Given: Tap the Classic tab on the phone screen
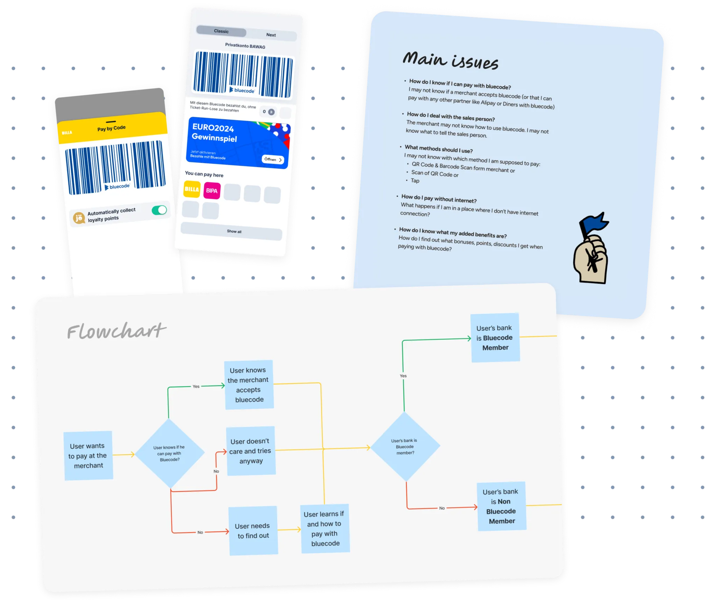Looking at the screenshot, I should point(221,31).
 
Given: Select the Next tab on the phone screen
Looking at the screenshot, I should point(271,35).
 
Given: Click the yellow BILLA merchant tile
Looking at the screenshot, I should point(192,189).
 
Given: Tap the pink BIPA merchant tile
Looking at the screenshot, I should point(212,191).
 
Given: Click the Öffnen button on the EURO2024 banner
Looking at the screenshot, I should point(273,160).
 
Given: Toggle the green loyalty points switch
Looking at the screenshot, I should point(159,210).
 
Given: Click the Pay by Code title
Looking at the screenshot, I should point(112,128).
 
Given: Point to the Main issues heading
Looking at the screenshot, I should point(450,61).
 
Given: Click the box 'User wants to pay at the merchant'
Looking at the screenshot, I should point(88,456).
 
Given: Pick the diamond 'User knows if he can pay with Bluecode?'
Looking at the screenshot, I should point(170,453).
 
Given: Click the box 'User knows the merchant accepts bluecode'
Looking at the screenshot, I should point(249,384).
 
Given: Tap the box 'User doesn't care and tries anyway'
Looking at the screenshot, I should point(251,451).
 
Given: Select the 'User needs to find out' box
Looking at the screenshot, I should point(253,531).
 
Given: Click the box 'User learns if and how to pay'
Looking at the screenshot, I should point(325,528).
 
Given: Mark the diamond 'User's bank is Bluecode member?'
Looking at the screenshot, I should point(405,447).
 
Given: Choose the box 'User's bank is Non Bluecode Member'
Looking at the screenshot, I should point(501,506).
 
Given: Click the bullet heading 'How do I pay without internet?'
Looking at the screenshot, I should point(439,199).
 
